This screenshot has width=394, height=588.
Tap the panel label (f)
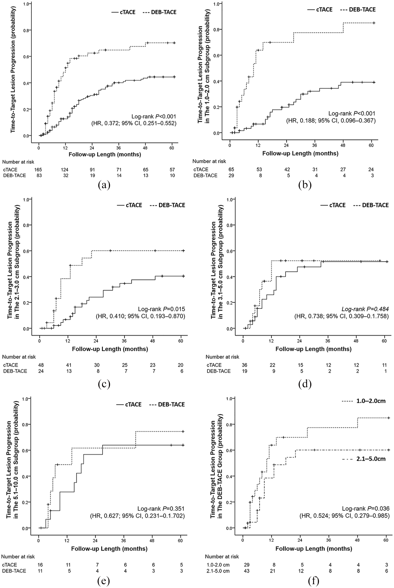[313, 580]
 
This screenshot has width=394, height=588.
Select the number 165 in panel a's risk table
[38, 170]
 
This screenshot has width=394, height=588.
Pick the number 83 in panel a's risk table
[38, 176]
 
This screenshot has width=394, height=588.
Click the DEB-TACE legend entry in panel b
[358, 9]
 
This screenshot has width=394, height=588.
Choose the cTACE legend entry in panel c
[129, 205]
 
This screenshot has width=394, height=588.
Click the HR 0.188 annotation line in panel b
[331, 121]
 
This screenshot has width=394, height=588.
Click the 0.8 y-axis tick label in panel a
[26, 30]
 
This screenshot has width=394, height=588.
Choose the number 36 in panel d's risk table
[244, 365]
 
